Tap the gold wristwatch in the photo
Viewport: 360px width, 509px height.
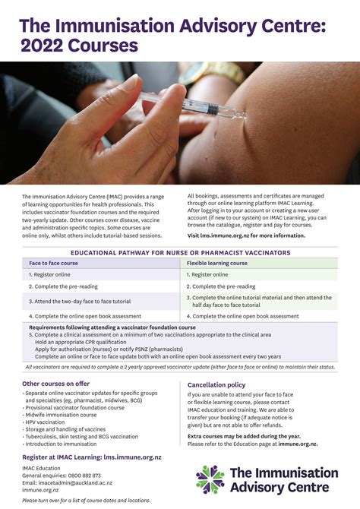[x=201, y=74]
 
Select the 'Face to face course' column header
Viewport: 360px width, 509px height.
[x=54, y=263]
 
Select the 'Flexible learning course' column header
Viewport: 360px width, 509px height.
[x=218, y=263]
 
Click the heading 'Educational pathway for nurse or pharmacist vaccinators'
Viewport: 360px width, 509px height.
[x=180, y=251]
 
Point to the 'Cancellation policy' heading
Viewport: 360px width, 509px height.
[x=216, y=384]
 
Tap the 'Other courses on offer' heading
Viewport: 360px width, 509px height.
[x=55, y=384]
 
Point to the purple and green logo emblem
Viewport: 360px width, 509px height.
[x=210, y=479]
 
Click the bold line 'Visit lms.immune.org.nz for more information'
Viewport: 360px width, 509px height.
[x=245, y=235]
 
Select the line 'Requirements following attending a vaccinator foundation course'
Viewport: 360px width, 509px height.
[x=112, y=327]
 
